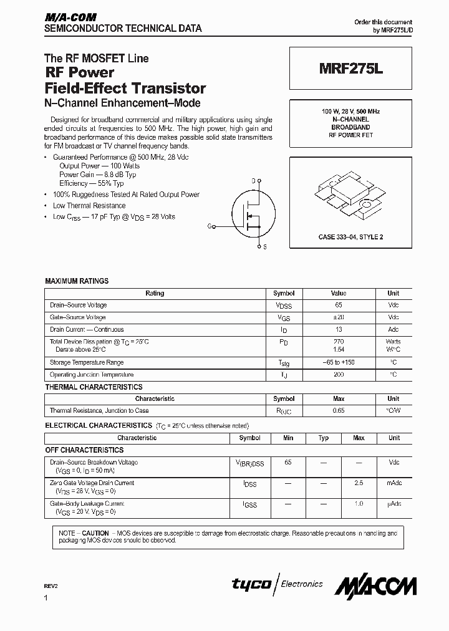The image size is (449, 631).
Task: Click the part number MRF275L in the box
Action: tap(349, 71)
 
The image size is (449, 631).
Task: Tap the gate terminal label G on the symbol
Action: tap(210, 227)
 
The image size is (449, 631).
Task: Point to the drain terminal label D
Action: tap(253, 181)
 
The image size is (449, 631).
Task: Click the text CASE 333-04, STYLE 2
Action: tap(350, 238)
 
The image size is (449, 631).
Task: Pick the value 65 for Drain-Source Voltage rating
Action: tap(339, 306)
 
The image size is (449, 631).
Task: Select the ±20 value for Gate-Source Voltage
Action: tap(339, 317)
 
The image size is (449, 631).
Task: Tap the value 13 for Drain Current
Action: tap(339, 329)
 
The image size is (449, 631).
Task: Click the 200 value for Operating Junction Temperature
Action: tap(339, 375)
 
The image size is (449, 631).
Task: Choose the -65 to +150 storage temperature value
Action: tap(339, 362)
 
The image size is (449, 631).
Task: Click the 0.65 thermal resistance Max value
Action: tap(339, 411)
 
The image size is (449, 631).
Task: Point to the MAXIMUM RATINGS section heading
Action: tap(77, 281)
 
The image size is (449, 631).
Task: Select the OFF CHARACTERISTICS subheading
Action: tap(84, 450)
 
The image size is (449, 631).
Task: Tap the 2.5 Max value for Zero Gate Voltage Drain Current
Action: tap(359, 483)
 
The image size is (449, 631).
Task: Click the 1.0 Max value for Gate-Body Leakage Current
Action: tap(359, 504)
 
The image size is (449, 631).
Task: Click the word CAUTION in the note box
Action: tap(95, 534)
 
